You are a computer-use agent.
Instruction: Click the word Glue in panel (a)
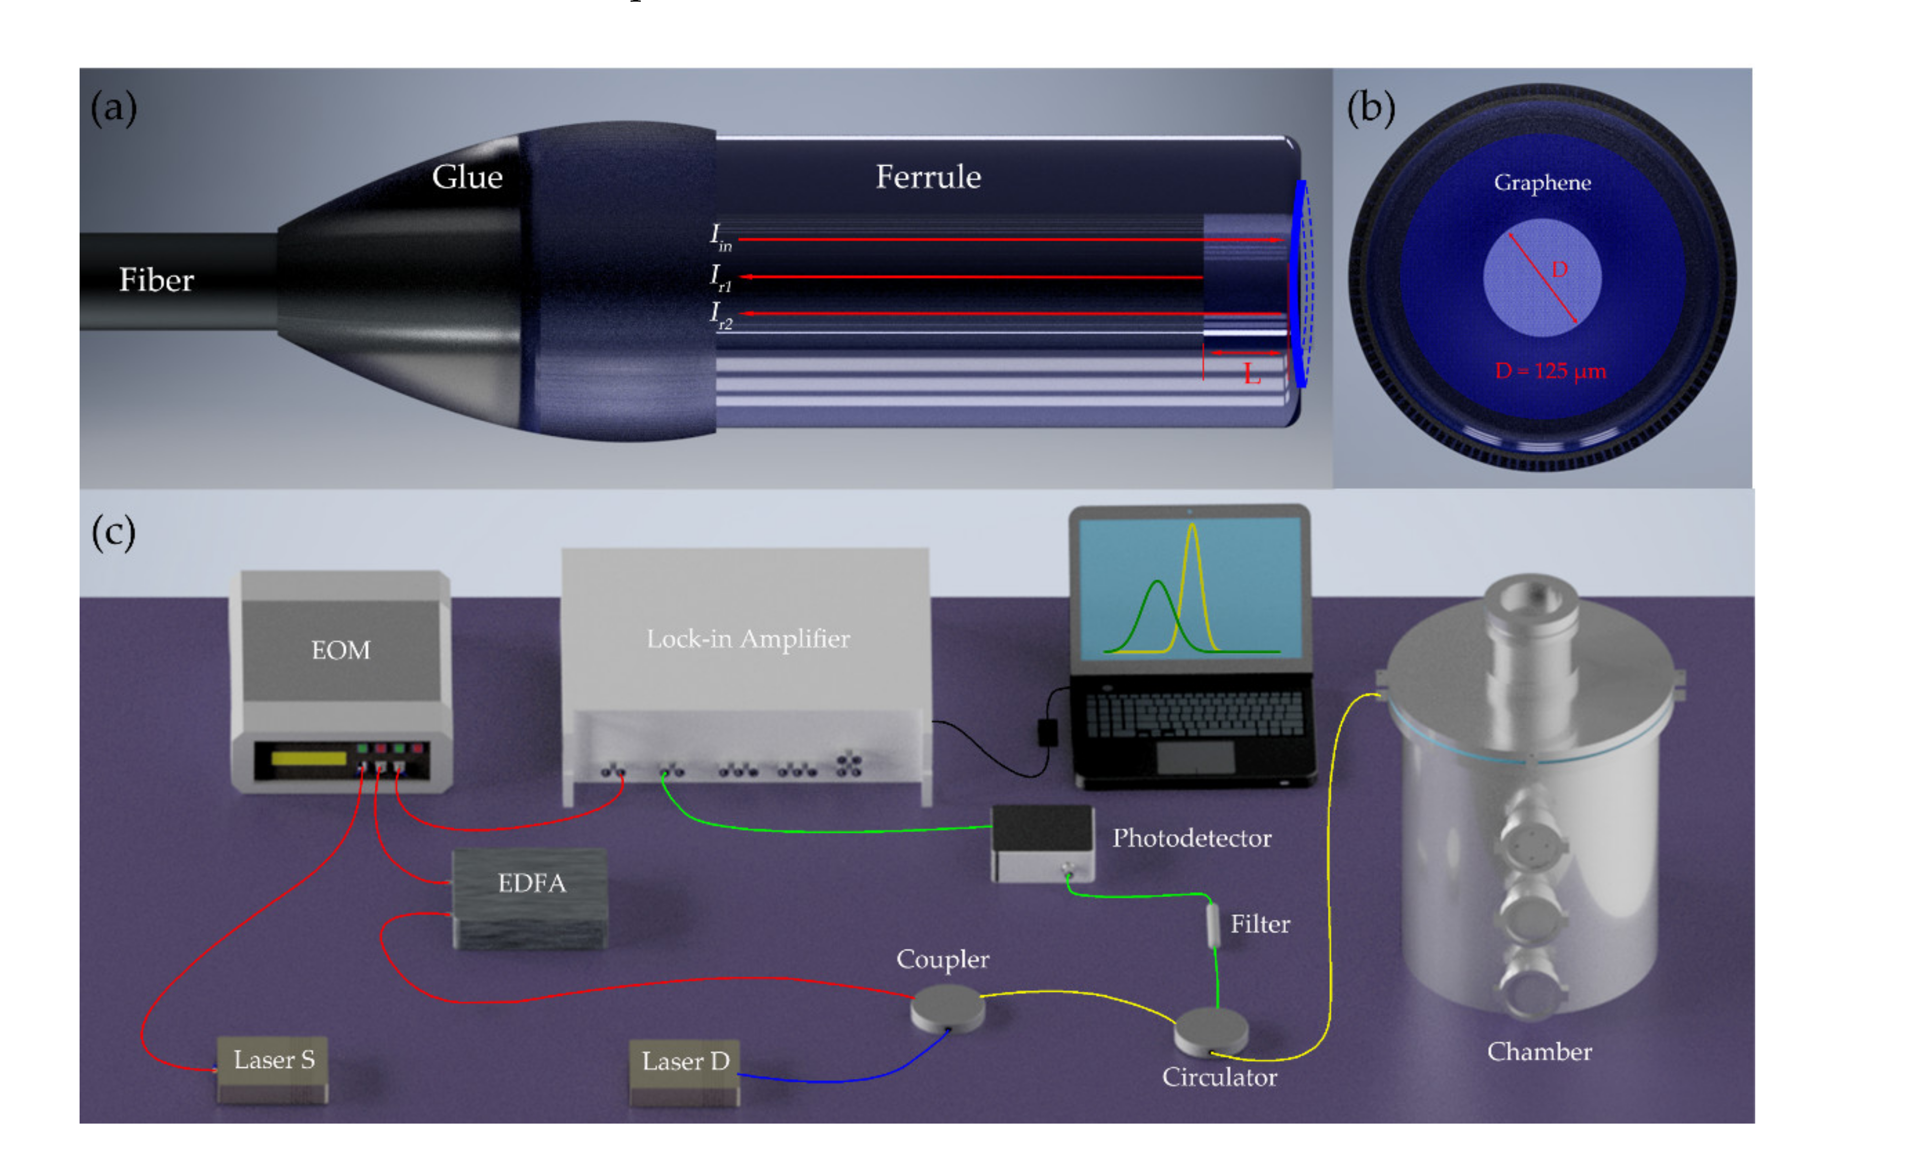tap(467, 177)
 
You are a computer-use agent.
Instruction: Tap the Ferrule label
tap(928, 177)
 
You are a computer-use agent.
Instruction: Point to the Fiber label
tap(156, 280)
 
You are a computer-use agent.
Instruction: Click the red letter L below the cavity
tap(1251, 375)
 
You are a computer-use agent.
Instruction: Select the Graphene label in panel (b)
tap(1542, 183)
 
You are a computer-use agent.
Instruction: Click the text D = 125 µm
tap(1550, 371)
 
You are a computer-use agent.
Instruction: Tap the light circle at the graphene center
tap(1542, 277)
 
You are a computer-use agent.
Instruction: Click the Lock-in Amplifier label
tap(748, 639)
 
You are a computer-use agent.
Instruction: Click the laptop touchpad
tap(1195, 757)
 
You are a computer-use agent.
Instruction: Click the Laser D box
tap(684, 1070)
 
